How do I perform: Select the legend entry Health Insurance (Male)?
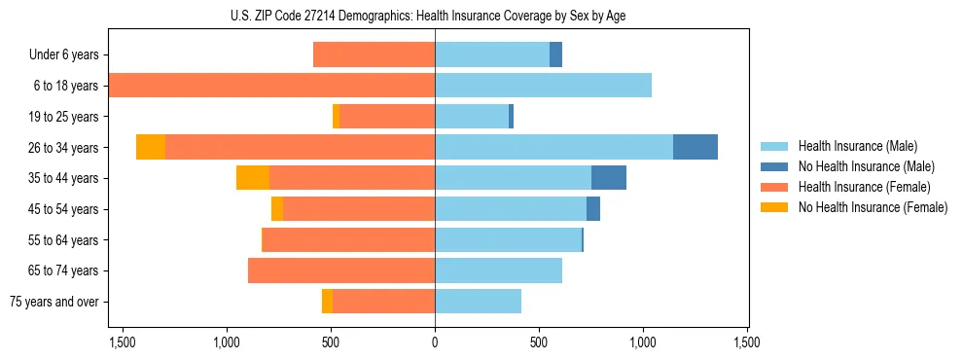point(857,146)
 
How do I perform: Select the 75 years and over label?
point(53,302)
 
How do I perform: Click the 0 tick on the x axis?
point(435,343)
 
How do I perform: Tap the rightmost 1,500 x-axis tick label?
point(747,343)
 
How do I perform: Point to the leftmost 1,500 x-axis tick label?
point(123,343)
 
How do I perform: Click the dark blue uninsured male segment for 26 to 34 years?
point(695,147)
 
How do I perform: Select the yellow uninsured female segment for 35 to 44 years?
point(253,178)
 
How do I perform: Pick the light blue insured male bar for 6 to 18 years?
point(543,86)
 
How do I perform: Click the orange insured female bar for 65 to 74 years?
point(341,270)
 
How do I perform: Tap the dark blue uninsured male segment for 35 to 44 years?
point(609,178)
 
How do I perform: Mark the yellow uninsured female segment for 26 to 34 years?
point(151,147)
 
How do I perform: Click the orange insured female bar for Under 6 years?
point(374,54)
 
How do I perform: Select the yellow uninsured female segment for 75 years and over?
point(327,302)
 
